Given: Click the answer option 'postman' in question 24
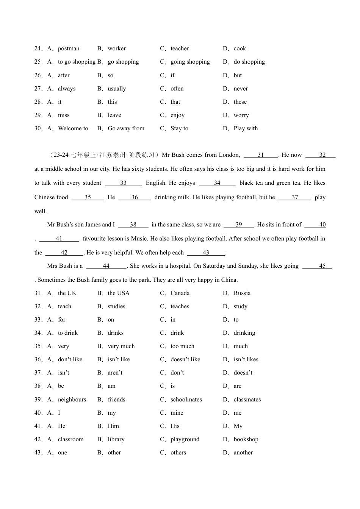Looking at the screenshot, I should (x=69, y=48).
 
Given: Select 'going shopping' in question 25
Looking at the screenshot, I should (x=190, y=62).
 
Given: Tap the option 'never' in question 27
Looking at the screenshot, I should (x=241, y=89).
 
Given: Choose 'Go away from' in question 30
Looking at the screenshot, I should (x=126, y=128).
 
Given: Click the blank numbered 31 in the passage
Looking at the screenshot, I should (x=261, y=155).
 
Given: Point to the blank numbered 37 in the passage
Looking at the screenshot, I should (x=295, y=197).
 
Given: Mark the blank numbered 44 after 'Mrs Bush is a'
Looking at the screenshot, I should (x=106, y=266).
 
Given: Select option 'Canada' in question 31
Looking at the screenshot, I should (x=180, y=293).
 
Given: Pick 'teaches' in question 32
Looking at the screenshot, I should (x=180, y=306).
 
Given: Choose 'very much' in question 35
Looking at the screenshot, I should (x=121, y=346).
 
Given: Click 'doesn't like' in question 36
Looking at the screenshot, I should (x=185, y=359).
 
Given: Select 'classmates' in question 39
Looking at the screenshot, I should (x=247, y=400).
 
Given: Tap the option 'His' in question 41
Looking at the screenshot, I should (x=175, y=426).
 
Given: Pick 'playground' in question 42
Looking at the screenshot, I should (x=185, y=439).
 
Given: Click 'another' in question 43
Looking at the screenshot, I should (x=243, y=453).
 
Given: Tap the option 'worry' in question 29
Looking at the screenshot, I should (x=241, y=115).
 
